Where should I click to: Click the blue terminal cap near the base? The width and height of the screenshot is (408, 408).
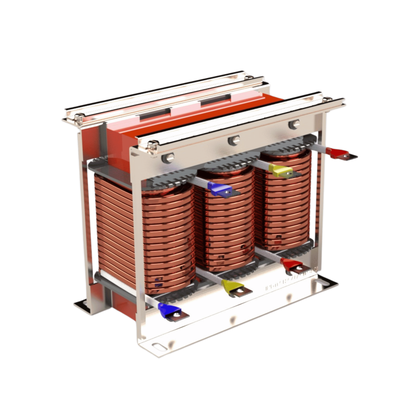coord(167,310)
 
